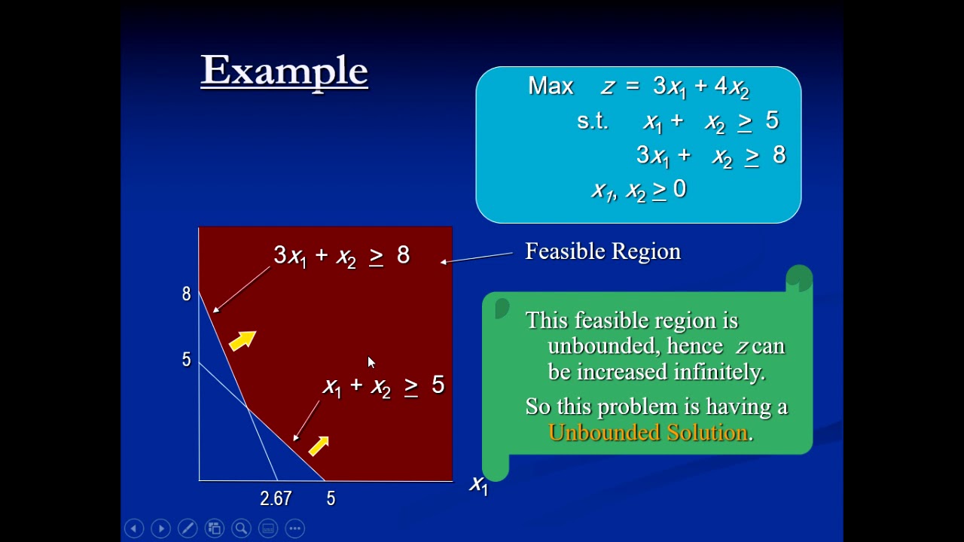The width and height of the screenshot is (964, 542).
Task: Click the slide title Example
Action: pos(284,71)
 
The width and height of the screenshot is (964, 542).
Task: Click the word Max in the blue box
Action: pos(551,86)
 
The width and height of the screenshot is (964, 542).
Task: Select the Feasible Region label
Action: pos(602,251)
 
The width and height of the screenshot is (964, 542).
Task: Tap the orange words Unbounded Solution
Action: pos(648,432)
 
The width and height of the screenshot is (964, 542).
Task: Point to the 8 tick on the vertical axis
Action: pos(186,294)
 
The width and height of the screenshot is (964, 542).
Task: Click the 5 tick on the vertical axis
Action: pos(186,360)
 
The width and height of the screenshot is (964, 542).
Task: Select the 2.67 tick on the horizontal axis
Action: pos(276,498)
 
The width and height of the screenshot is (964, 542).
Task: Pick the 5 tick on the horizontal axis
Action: pos(331,498)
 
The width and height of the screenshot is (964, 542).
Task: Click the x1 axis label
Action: pos(479,485)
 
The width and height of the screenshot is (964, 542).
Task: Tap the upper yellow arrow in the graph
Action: pos(243,340)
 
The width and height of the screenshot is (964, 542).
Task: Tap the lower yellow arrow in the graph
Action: pos(319,446)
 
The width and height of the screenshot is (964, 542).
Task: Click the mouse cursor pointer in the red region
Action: pos(371,363)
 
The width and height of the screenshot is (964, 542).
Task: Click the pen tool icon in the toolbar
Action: pos(188,528)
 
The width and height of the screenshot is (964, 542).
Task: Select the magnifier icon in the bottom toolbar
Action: pos(241,528)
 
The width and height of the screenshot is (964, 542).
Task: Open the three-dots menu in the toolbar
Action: pos(295,528)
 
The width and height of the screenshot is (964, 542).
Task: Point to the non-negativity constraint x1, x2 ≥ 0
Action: pos(639,190)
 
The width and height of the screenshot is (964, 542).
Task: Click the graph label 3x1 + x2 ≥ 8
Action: pos(341,256)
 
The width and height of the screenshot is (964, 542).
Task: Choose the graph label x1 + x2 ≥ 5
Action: pos(383,386)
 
